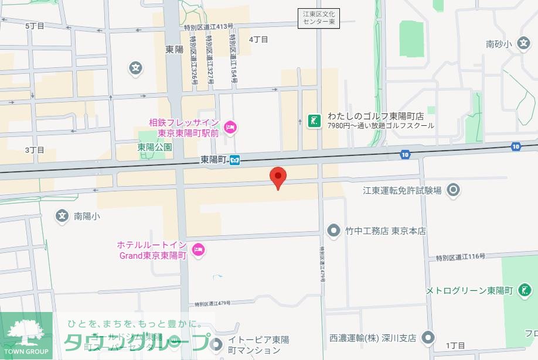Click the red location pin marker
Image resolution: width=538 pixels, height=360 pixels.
[277, 177]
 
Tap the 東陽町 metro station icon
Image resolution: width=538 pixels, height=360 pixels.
[234, 160]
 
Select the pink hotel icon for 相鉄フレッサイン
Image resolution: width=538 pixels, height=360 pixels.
[230, 126]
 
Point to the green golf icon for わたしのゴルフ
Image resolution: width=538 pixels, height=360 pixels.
[315, 121]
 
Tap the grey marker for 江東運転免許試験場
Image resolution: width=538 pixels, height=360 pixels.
[453, 190]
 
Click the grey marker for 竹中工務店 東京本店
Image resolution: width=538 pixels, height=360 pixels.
[334, 231]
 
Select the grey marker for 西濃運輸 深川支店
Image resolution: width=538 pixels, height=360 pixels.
[429, 338]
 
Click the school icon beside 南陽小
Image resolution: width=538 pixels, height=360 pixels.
[62, 216]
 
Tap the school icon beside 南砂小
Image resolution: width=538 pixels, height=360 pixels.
[525, 43]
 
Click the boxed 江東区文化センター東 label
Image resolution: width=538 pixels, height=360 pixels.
[318, 18]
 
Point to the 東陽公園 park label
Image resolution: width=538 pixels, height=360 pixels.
[155, 148]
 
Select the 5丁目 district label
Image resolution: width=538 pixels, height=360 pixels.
[35, 26]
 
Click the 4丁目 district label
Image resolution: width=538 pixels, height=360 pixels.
[258, 39]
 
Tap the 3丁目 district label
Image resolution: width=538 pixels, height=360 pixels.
[35, 150]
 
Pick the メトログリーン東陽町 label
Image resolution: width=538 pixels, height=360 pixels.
[469, 291]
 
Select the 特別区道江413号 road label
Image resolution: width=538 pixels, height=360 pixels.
[209, 26]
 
